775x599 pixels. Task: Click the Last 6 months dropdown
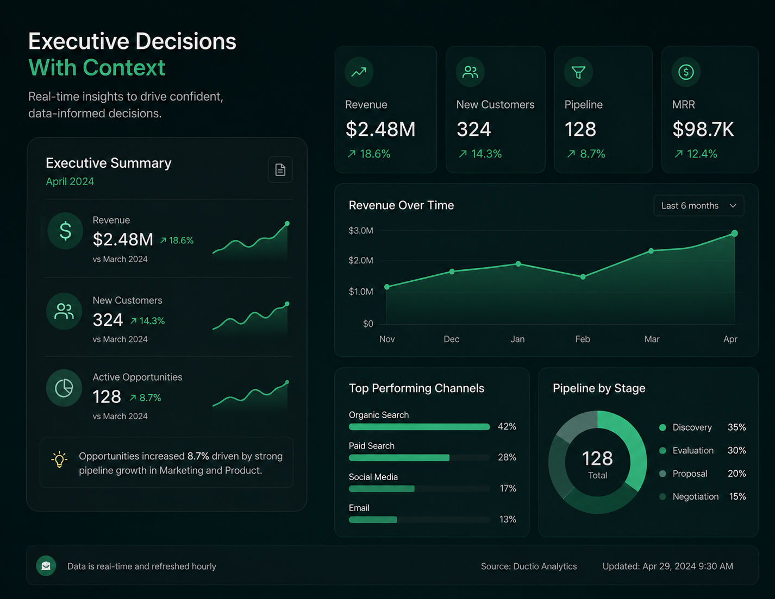[699, 206]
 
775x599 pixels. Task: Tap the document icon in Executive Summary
[280, 169]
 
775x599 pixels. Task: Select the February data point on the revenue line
[583, 276]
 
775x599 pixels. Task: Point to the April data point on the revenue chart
[735, 234]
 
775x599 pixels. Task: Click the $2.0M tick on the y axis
[361, 261]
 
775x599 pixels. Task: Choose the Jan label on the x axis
[517, 339]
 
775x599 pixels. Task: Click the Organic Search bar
[419, 426]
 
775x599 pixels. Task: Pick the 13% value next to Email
[508, 519]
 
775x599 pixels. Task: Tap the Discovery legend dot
[662, 427]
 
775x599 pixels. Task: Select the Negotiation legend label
[696, 496]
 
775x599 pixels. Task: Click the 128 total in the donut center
[597, 458]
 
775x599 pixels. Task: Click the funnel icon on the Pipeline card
[578, 72]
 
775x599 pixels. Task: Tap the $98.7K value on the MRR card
[703, 129]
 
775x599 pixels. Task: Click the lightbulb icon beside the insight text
[59, 459]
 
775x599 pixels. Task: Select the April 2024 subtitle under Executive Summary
[70, 181]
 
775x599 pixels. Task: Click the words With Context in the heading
[97, 67]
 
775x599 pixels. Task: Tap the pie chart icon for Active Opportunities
[64, 388]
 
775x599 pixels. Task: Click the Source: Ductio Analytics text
[529, 566]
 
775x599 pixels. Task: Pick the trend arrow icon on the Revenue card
[359, 72]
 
